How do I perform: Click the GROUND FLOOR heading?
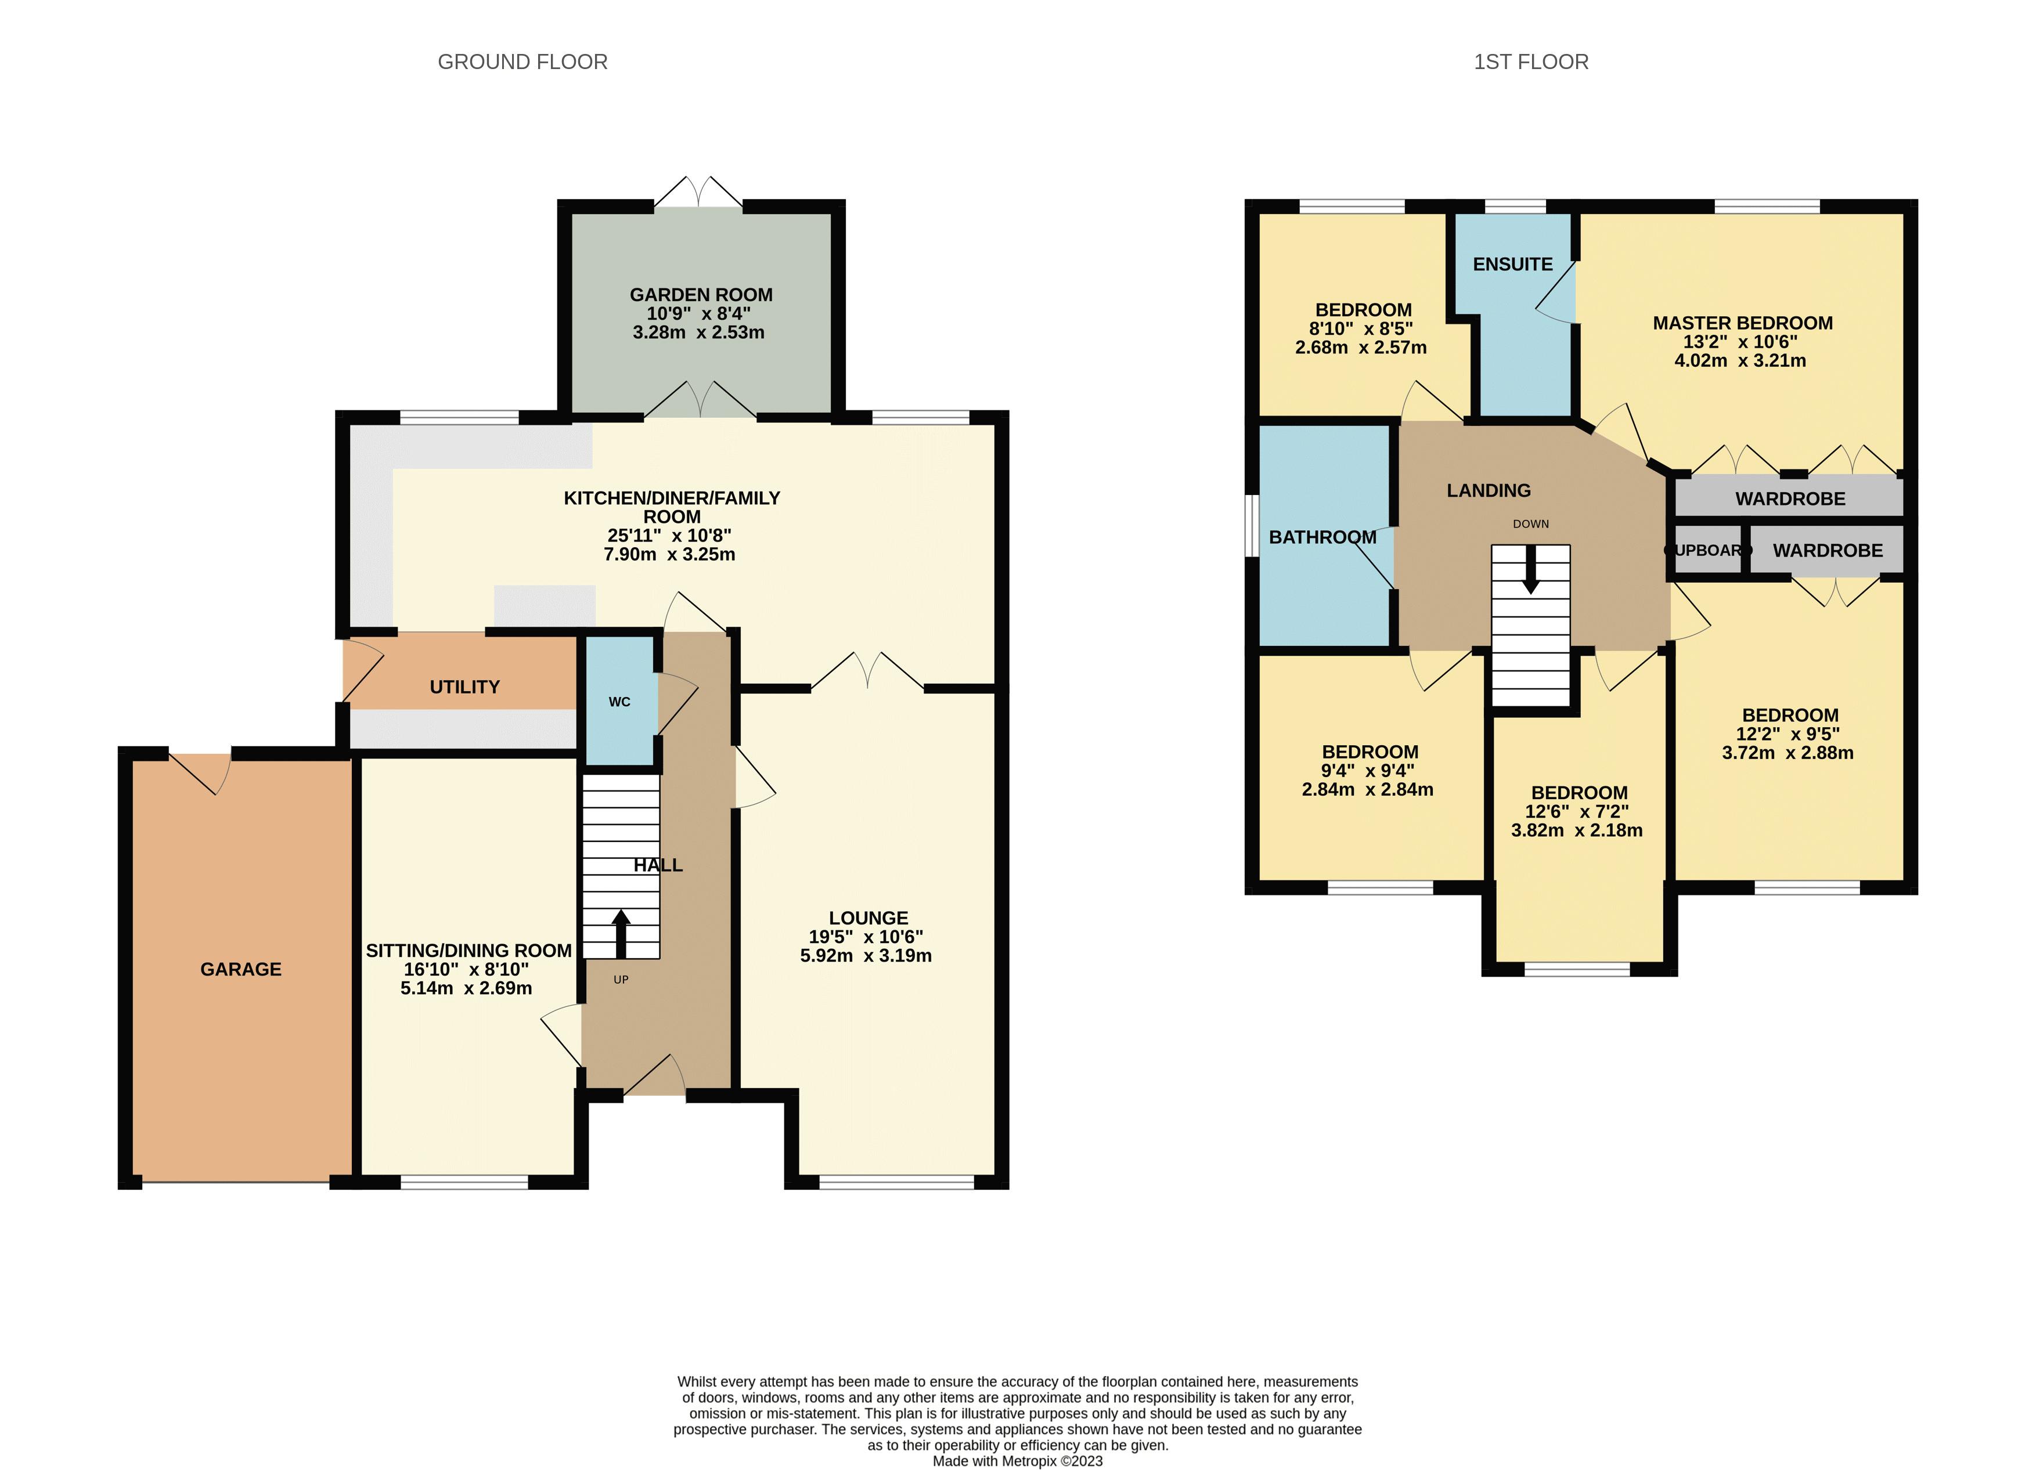(522, 62)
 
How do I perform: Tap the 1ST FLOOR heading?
(1530, 62)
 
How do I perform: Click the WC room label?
(619, 702)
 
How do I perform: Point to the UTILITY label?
(464, 687)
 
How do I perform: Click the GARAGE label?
(240, 969)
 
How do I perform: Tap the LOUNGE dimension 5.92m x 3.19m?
(866, 956)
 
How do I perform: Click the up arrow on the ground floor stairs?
(620, 933)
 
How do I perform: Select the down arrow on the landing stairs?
(1530, 575)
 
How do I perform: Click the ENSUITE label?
(1513, 264)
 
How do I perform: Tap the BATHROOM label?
(1323, 537)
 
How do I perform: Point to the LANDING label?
(1489, 490)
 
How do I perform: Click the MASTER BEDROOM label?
(1742, 323)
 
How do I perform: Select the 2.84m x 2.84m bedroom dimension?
(1367, 790)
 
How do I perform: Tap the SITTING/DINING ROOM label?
(469, 951)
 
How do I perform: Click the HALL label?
(658, 865)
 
